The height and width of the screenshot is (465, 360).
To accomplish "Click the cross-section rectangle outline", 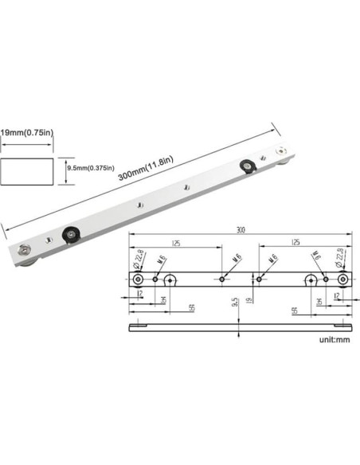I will point(28,173).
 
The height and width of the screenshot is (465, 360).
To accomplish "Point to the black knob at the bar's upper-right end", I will point(248,165).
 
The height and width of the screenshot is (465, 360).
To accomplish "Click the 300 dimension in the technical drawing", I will point(240,230).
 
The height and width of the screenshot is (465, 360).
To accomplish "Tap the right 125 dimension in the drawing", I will point(295,242).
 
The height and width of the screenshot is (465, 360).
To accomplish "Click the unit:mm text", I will point(335,338).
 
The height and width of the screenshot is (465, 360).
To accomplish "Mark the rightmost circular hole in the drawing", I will point(342,279).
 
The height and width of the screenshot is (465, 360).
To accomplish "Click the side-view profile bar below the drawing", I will point(241,326).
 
